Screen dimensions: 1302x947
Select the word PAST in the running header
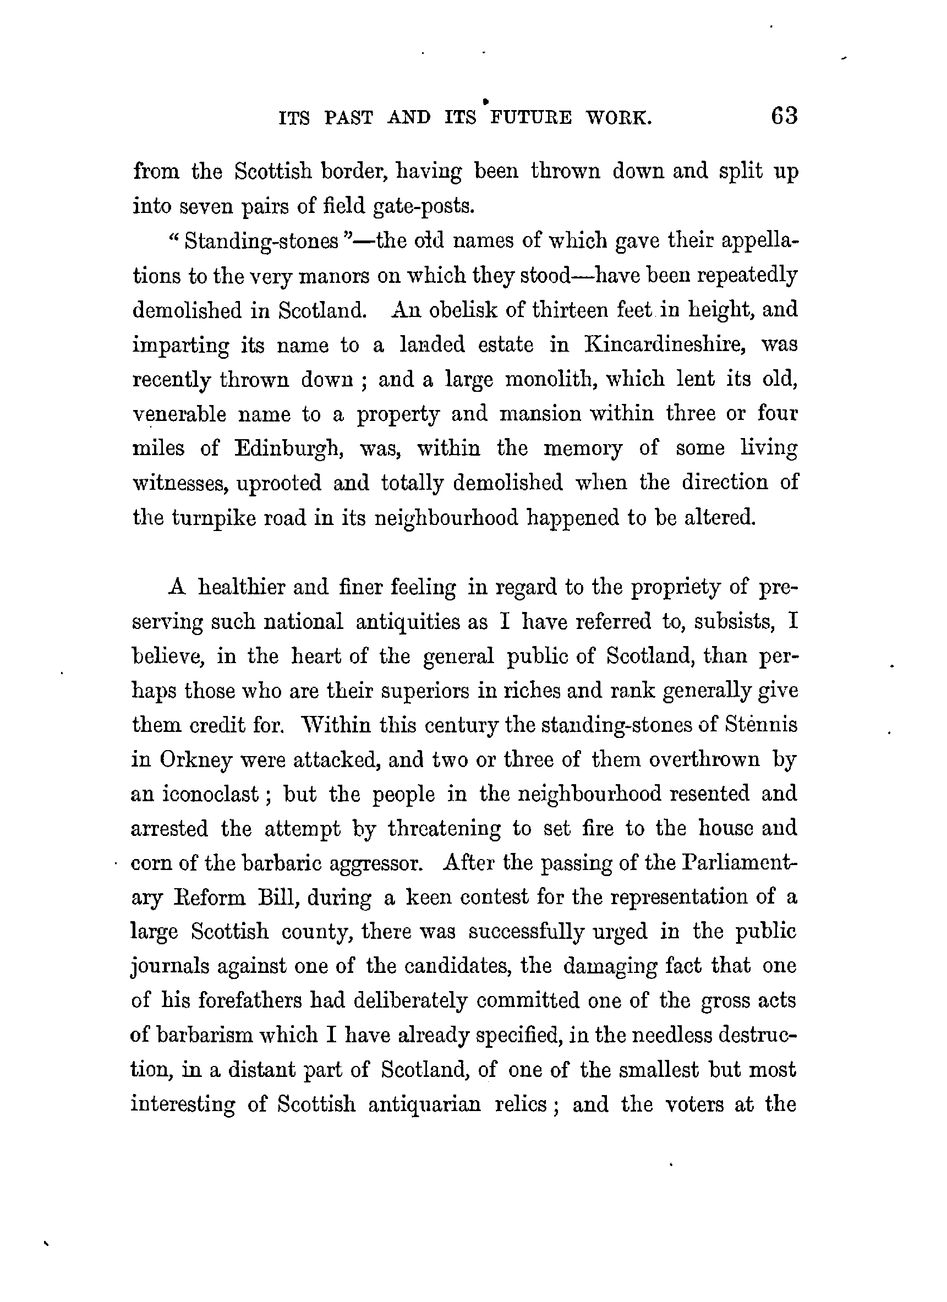pos(348,118)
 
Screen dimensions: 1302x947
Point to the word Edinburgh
pos(289,449)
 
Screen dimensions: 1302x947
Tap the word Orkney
pos(196,761)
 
